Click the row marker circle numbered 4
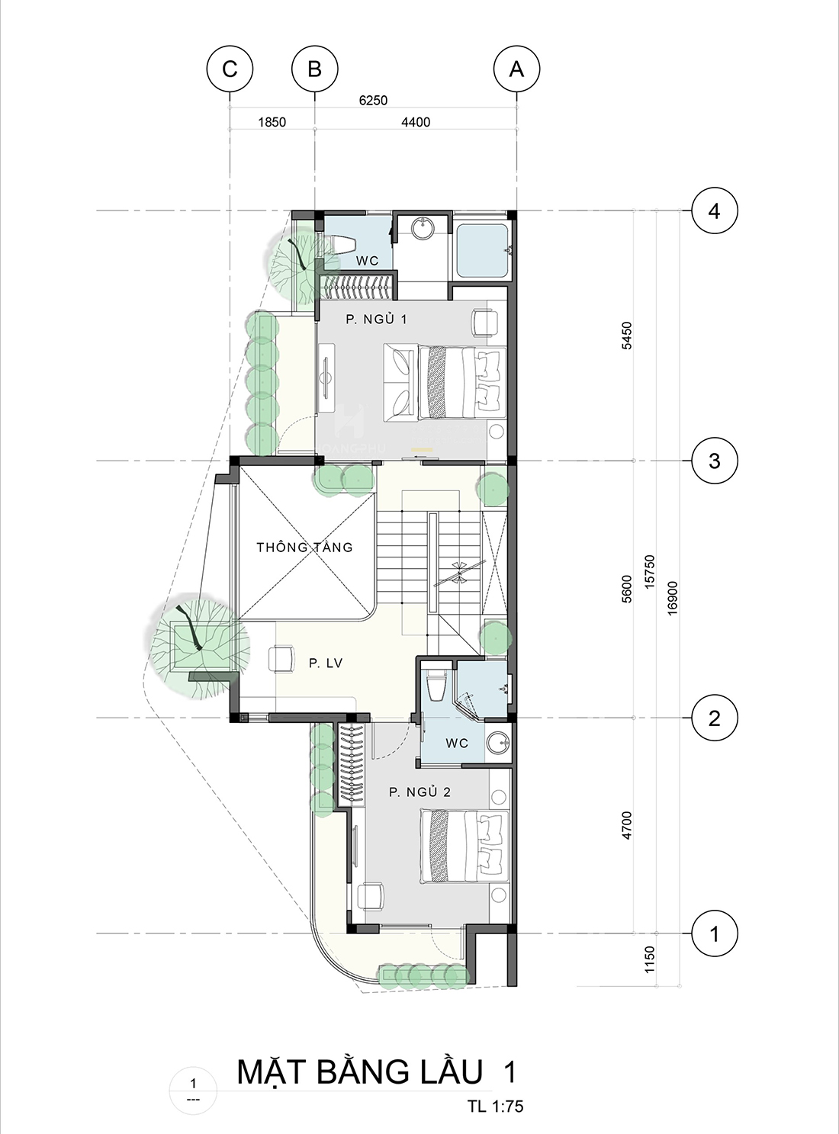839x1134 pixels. pyautogui.click(x=714, y=210)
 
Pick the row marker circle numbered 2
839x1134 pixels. pyautogui.click(x=714, y=718)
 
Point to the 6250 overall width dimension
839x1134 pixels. pyautogui.click(x=373, y=100)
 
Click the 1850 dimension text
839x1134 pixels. pyautogui.click(x=272, y=122)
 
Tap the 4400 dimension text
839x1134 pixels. pyautogui.click(x=416, y=122)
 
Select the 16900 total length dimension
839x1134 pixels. pyautogui.click(x=672, y=598)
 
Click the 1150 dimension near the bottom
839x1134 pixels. pyautogui.click(x=650, y=959)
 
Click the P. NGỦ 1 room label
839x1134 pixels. pyautogui.click(x=376, y=320)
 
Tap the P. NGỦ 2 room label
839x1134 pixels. pyautogui.click(x=419, y=792)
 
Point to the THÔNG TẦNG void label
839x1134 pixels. pyautogui.click(x=304, y=547)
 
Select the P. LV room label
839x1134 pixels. pyautogui.click(x=326, y=663)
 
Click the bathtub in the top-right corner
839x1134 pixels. pyautogui.click(x=483, y=251)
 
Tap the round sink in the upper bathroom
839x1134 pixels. pyautogui.click(x=423, y=227)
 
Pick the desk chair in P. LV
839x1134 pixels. pyautogui.click(x=281, y=659)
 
